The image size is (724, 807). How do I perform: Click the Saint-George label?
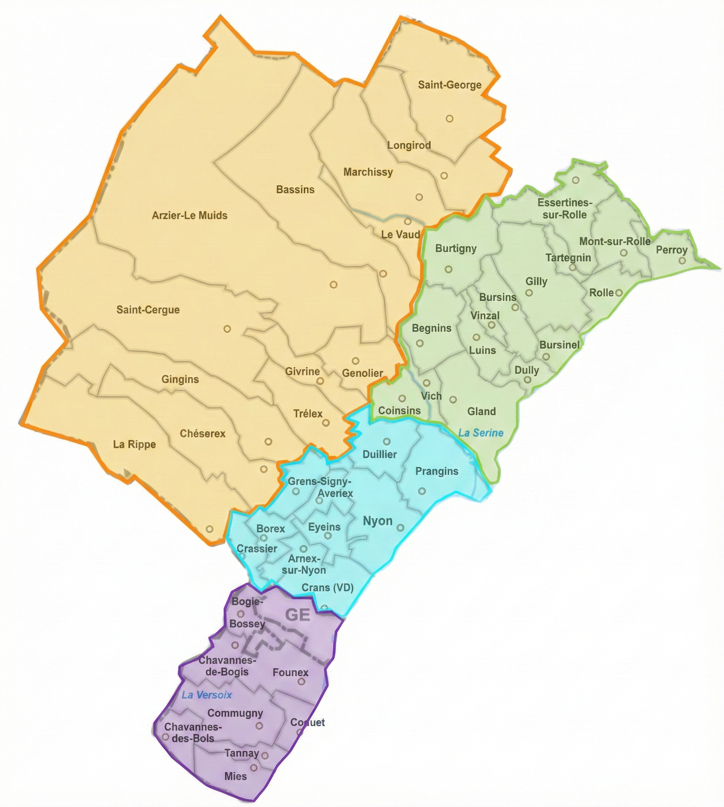(x=449, y=85)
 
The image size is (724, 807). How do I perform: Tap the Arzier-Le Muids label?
(x=190, y=215)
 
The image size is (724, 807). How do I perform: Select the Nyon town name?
(x=377, y=521)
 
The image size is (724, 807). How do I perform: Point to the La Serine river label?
(x=481, y=433)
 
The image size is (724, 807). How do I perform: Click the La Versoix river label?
(x=206, y=695)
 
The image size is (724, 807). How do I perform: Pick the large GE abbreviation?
(x=297, y=615)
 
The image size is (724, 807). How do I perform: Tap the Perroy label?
(x=672, y=250)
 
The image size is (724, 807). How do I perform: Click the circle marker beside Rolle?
(x=619, y=293)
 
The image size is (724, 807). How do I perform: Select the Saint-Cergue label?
(x=148, y=310)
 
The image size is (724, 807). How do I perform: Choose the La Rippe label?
(x=134, y=444)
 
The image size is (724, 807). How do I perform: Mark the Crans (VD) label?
(x=328, y=588)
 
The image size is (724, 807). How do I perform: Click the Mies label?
(x=235, y=776)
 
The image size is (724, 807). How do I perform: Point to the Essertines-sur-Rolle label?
(x=565, y=209)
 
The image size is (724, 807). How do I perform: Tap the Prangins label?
(x=437, y=471)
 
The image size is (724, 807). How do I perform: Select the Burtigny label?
(x=456, y=248)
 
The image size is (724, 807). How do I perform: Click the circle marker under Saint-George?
(x=449, y=119)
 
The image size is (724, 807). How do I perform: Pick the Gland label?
(x=481, y=411)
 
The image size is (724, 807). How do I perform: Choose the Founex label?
(x=291, y=673)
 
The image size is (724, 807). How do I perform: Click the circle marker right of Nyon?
(x=400, y=527)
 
